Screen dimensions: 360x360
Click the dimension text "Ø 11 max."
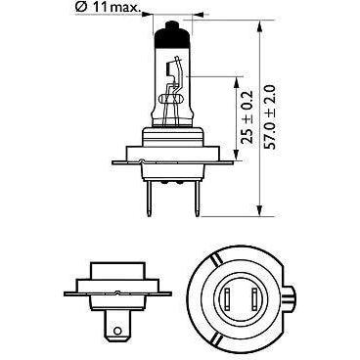tap(108, 8)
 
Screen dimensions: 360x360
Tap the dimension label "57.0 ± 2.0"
tap(270, 117)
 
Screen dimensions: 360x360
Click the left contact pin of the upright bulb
tap(149, 199)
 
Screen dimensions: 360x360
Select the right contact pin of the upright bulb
tap(197, 199)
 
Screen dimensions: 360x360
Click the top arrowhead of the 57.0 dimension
tap(259, 26)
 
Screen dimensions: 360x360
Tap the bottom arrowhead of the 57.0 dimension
tap(259, 210)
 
